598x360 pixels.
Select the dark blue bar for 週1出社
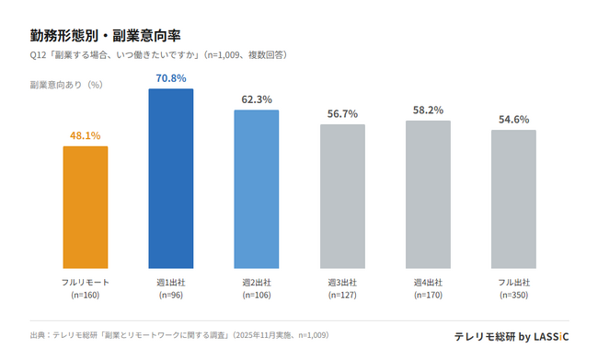[x=170, y=179]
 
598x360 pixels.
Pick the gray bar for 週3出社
[x=342, y=196]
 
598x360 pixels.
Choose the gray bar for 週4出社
[x=428, y=194]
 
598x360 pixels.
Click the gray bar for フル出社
[x=513, y=199]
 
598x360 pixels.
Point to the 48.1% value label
[x=85, y=135]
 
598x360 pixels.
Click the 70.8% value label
[x=170, y=78]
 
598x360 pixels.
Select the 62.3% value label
[x=256, y=99]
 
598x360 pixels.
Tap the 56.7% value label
[x=342, y=114]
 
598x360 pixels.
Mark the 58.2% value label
[x=428, y=110]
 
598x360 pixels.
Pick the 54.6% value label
[x=513, y=120]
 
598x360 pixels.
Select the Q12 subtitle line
[x=158, y=55]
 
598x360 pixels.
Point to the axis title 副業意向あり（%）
[x=66, y=84]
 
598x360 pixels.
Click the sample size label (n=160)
[x=85, y=296]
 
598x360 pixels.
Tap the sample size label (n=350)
[x=513, y=296]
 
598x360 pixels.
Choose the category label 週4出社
[x=428, y=282]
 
